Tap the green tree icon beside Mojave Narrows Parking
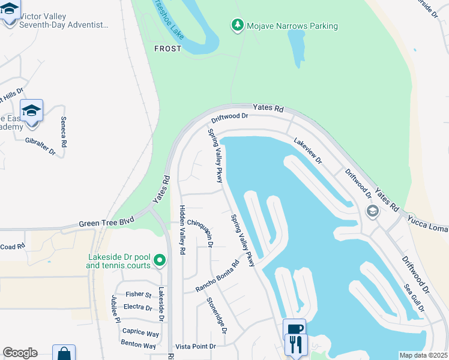coord(238,25)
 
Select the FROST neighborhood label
coord(167,49)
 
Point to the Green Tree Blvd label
coord(105,224)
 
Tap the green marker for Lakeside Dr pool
coord(159,260)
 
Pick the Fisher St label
coord(139,295)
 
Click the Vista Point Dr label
coord(195,347)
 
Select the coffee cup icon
coord(294,329)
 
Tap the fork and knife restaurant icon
coord(297,344)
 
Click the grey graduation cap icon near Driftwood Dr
coord(372,211)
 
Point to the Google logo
coord(20,353)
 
